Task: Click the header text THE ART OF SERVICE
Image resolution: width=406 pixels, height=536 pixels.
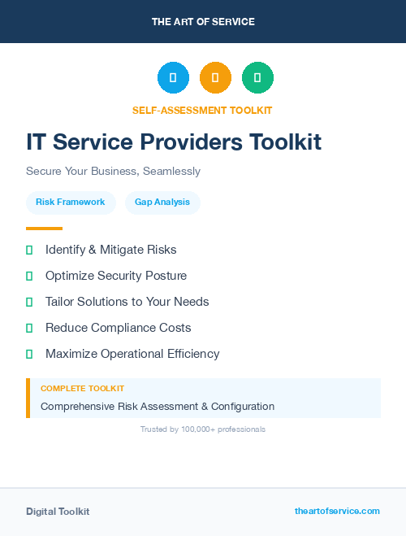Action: pyautogui.click(x=203, y=21)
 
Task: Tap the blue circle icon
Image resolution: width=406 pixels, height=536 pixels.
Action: pyautogui.click(x=173, y=78)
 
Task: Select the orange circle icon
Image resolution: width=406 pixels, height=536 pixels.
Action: pyautogui.click(x=215, y=78)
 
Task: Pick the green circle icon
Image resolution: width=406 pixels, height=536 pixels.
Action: pyautogui.click(x=257, y=78)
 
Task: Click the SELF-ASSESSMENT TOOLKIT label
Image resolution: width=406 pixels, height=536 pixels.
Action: pyautogui.click(x=202, y=110)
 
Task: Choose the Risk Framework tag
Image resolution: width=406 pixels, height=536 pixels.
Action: pyautogui.click(x=71, y=202)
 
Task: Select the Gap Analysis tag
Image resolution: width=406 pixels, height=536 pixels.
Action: pyautogui.click(x=162, y=202)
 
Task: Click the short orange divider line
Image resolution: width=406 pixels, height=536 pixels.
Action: pyautogui.click(x=44, y=229)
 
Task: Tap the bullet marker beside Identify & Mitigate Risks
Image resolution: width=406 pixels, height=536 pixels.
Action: pyautogui.click(x=29, y=250)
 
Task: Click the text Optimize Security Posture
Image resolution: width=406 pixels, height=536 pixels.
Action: pyautogui.click(x=116, y=276)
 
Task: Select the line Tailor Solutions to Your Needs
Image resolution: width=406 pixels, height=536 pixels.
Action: pyautogui.click(x=127, y=302)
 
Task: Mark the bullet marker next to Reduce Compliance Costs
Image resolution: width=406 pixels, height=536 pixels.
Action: pyautogui.click(x=29, y=328)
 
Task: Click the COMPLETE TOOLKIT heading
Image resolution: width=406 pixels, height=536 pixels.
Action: pyautogui.click(x=82, y=389)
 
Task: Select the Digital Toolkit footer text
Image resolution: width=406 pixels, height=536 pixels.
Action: pyautogui.click(x=58, y=512)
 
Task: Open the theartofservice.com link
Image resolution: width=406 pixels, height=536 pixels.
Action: pyautogui.click(x=337, y=511)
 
